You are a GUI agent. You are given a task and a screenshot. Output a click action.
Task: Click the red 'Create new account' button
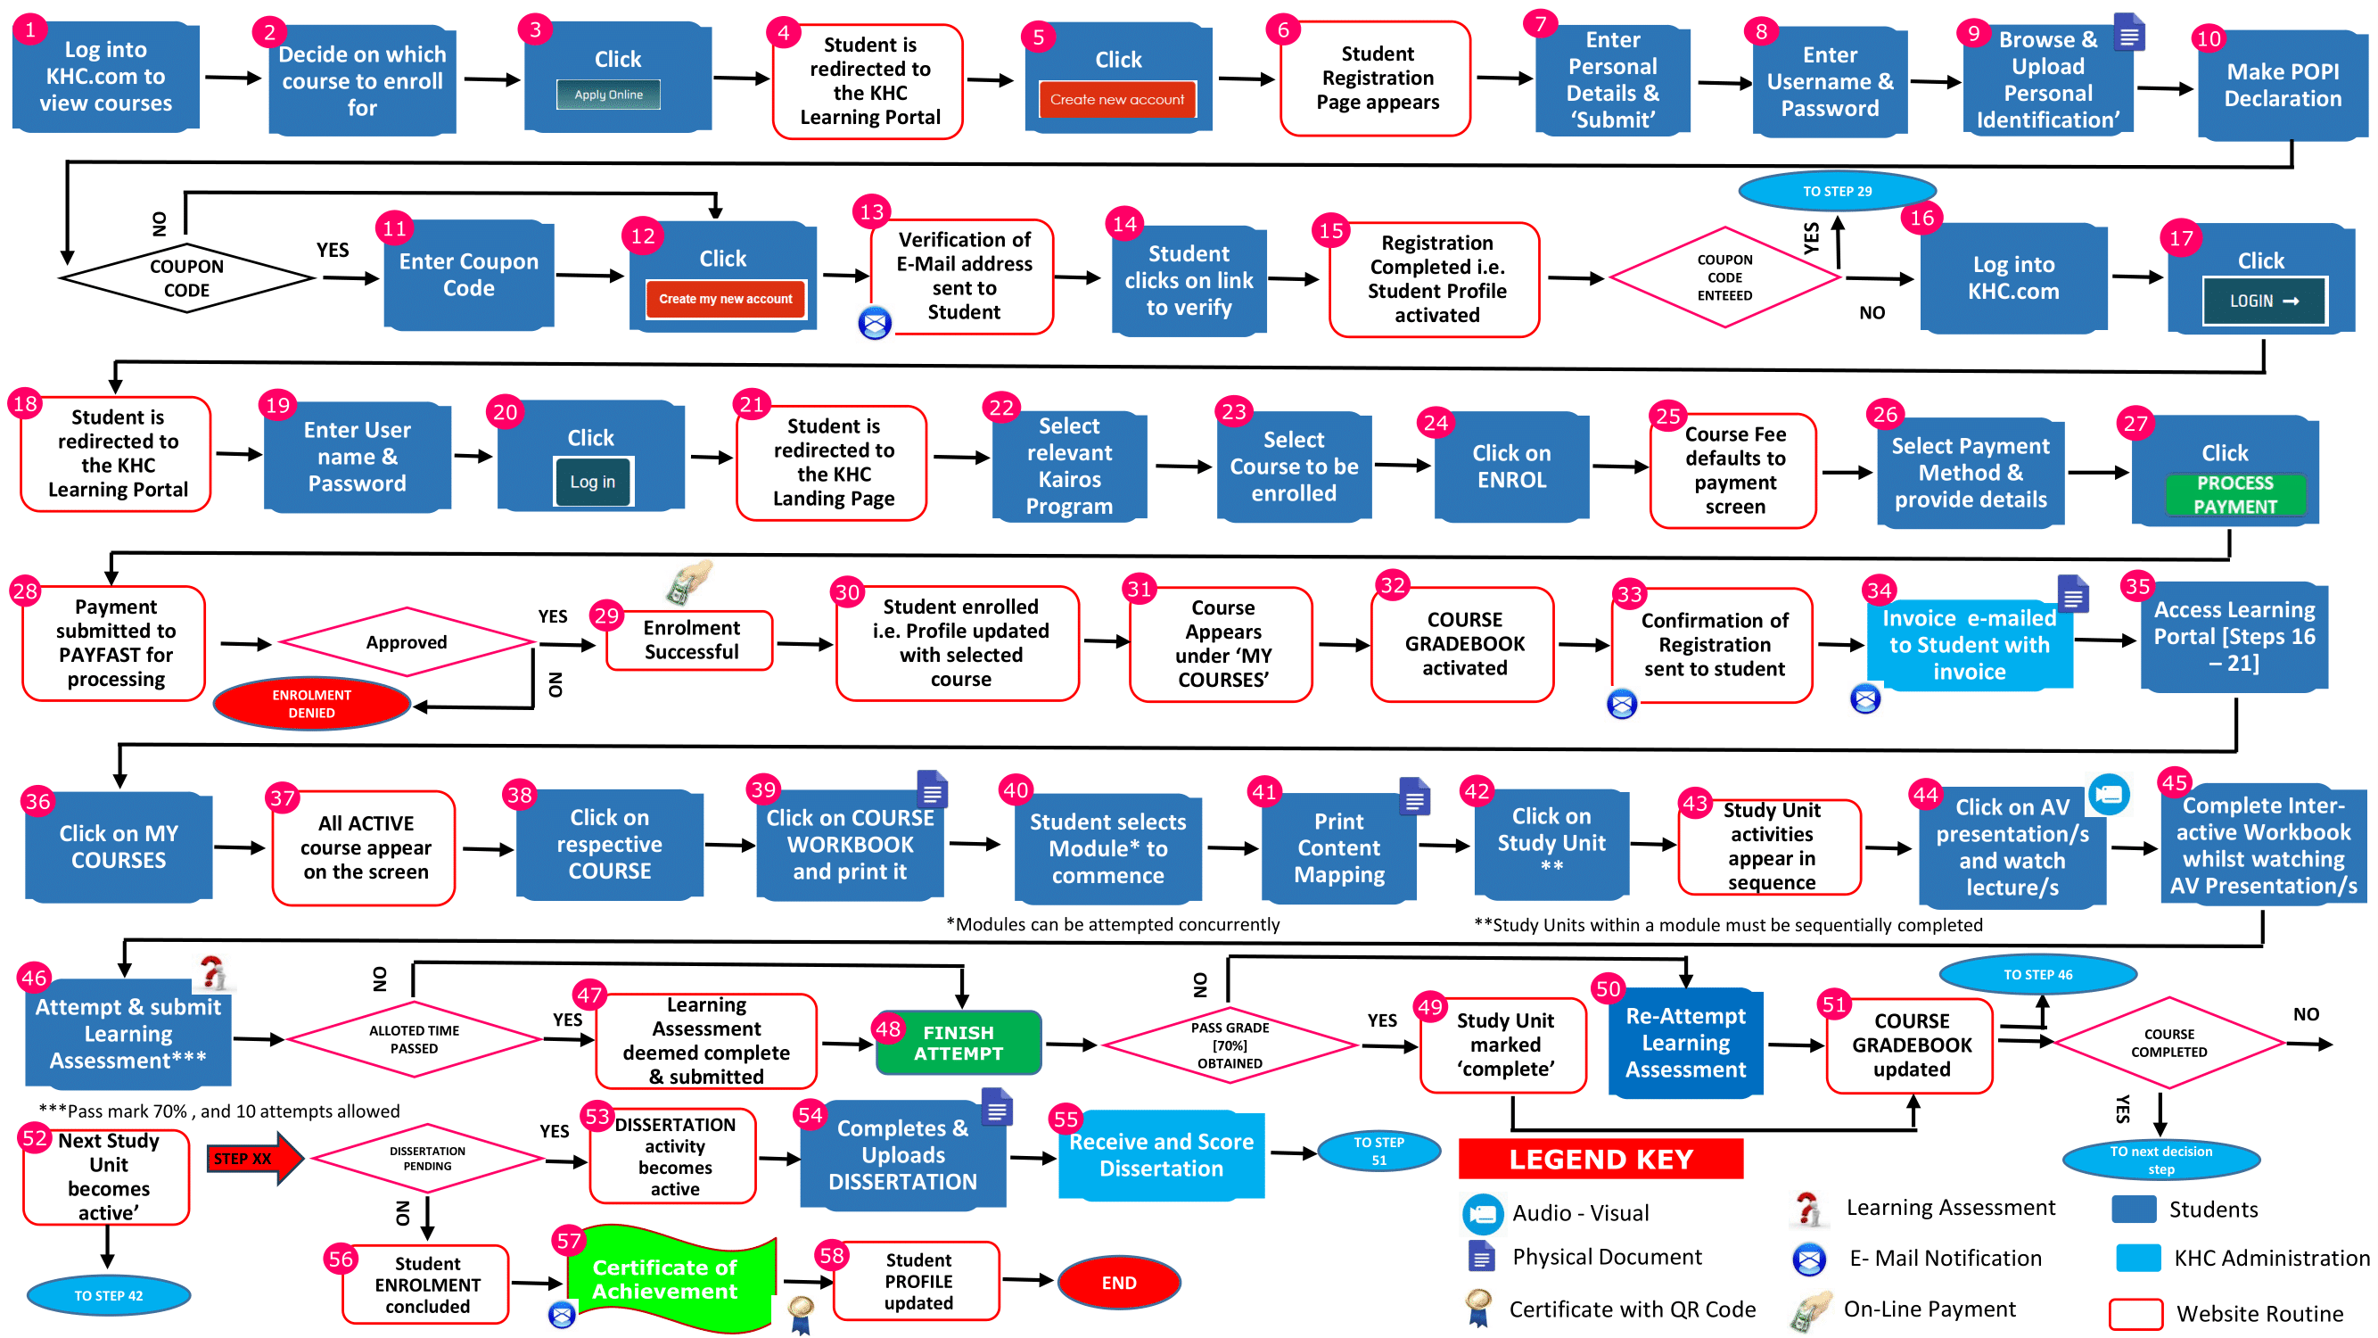(x=1116, y=100)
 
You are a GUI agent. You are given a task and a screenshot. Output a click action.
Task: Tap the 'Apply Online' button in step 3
(x=607, y=95)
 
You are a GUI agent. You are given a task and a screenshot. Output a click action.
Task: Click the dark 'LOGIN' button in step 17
(x=2264, y=301)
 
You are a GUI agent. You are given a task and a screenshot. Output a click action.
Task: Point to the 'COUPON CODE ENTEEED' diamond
(x=1724, y=277)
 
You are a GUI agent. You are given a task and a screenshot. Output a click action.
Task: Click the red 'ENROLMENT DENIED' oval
(x=311, y=704)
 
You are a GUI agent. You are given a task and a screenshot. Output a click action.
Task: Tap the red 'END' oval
(x=1118, y=1282)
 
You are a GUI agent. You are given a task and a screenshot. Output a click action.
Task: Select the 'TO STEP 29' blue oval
(x=1836, y=191)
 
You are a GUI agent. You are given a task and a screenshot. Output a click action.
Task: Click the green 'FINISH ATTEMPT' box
(x=959, y=1043)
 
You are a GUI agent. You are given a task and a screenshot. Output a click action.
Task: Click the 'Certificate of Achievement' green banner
(x=664, y=1279)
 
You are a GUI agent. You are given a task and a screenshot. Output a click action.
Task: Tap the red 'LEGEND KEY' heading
(x=1600, y=1159)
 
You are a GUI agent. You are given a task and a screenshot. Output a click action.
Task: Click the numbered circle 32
(x=1391, y=584)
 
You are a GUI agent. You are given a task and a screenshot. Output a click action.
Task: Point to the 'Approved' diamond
(x=407, y=641)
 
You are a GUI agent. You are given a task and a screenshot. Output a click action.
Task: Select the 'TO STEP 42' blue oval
(x=108, y=1294)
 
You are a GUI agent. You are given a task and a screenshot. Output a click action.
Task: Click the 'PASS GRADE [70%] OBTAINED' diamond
(x=1229, y=1045)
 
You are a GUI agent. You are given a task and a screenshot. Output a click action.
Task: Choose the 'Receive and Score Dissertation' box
(x=1160, y=1154)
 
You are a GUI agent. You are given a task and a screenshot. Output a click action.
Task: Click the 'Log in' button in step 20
(x=592, y=481)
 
